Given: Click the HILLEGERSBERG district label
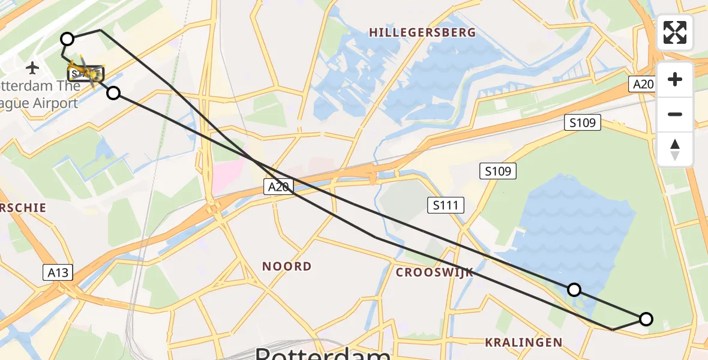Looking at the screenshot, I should pos(422,32).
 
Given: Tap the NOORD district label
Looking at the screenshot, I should pos(287,266).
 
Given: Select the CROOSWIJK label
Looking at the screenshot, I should pos(434,272).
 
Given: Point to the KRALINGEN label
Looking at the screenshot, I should pos(524,343).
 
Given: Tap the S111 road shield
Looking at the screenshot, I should pos(446,206).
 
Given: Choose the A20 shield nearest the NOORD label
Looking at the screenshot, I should pos(278,187).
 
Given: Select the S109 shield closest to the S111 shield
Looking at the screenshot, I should pos(498,172).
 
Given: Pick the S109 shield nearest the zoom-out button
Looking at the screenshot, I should pos(582,123).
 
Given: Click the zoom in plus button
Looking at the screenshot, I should pos(675,79).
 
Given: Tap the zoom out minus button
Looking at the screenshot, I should pos(675,114).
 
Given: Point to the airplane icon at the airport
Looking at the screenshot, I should pos(32,67).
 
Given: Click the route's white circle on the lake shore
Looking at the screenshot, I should pos(574,290).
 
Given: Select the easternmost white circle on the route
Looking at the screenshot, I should pos(646,319).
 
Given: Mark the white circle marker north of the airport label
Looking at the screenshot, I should pos(67,39).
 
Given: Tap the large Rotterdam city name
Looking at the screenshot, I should pos(323,353).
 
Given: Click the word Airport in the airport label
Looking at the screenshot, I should pos(55,103).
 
